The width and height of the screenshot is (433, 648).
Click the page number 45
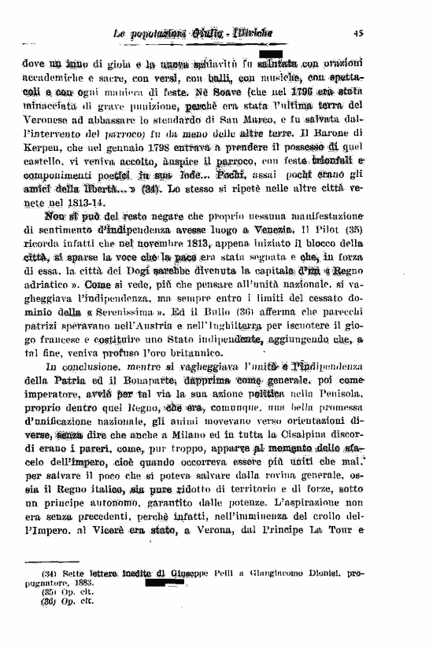(357, 33)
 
